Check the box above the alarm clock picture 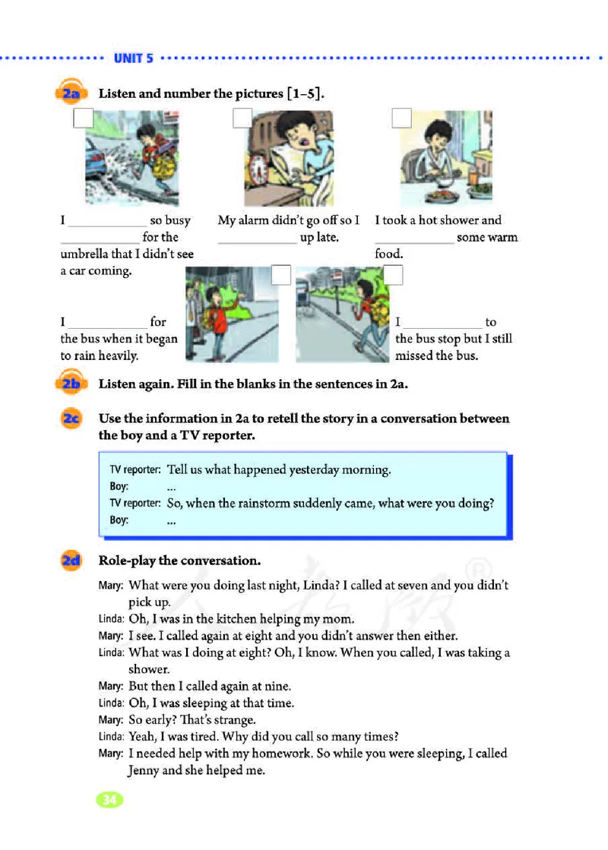tap(242, 118)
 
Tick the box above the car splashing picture tap(83, 118)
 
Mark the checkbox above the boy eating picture tap(401, 118)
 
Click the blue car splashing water tap(97, 166)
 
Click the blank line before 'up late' tap(257, 239)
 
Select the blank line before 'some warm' tap(414, 239)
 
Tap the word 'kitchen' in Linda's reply tap(228, 619)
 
